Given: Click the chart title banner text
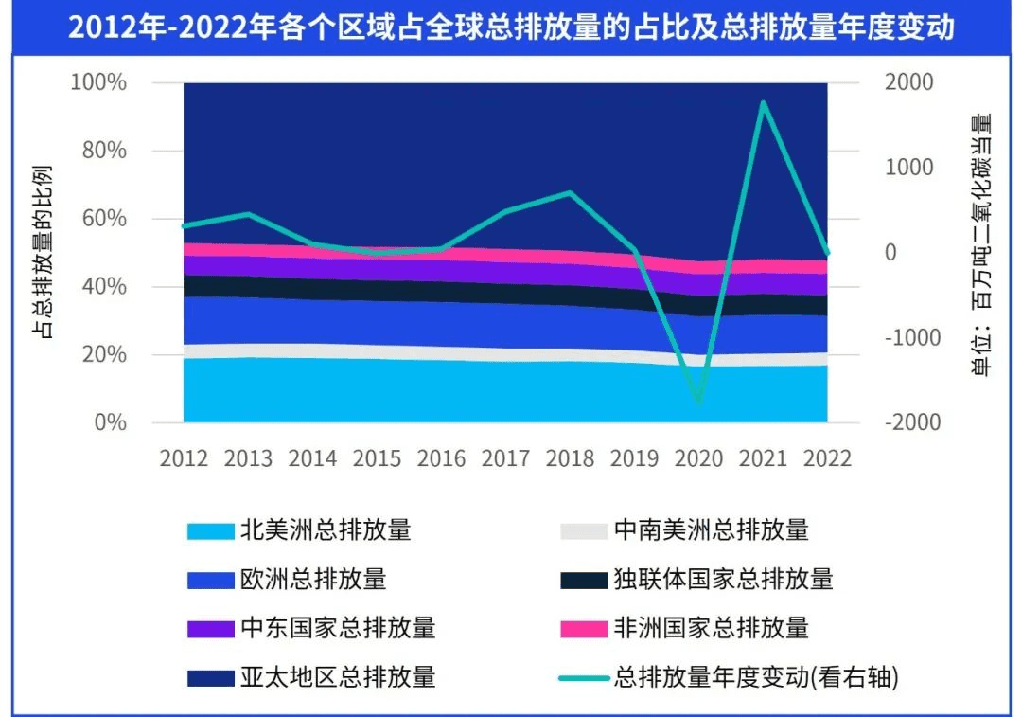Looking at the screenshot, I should [511, 27].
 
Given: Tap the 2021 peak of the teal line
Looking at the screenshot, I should [763, 102].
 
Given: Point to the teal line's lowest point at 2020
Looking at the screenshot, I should [699, 401].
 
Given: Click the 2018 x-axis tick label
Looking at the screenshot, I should [570, 458].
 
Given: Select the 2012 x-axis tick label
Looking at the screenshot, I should [184, 458].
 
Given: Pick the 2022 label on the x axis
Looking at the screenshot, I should [827, 458].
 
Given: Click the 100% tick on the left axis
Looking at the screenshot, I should [98, 82].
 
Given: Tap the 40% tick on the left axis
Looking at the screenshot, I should [103, 286].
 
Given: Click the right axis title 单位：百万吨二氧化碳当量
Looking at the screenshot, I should [981, 244].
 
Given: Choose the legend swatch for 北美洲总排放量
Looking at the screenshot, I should [209, 530].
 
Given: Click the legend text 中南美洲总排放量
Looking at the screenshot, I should [711, 529].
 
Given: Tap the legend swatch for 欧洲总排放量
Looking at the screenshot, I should [209, 579].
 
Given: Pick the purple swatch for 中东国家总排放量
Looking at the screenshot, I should [209, 628].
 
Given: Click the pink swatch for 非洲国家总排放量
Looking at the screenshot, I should [582, 628].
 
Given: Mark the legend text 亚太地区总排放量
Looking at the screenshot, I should [338, 676].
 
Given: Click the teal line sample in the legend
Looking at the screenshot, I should [582, 677].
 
